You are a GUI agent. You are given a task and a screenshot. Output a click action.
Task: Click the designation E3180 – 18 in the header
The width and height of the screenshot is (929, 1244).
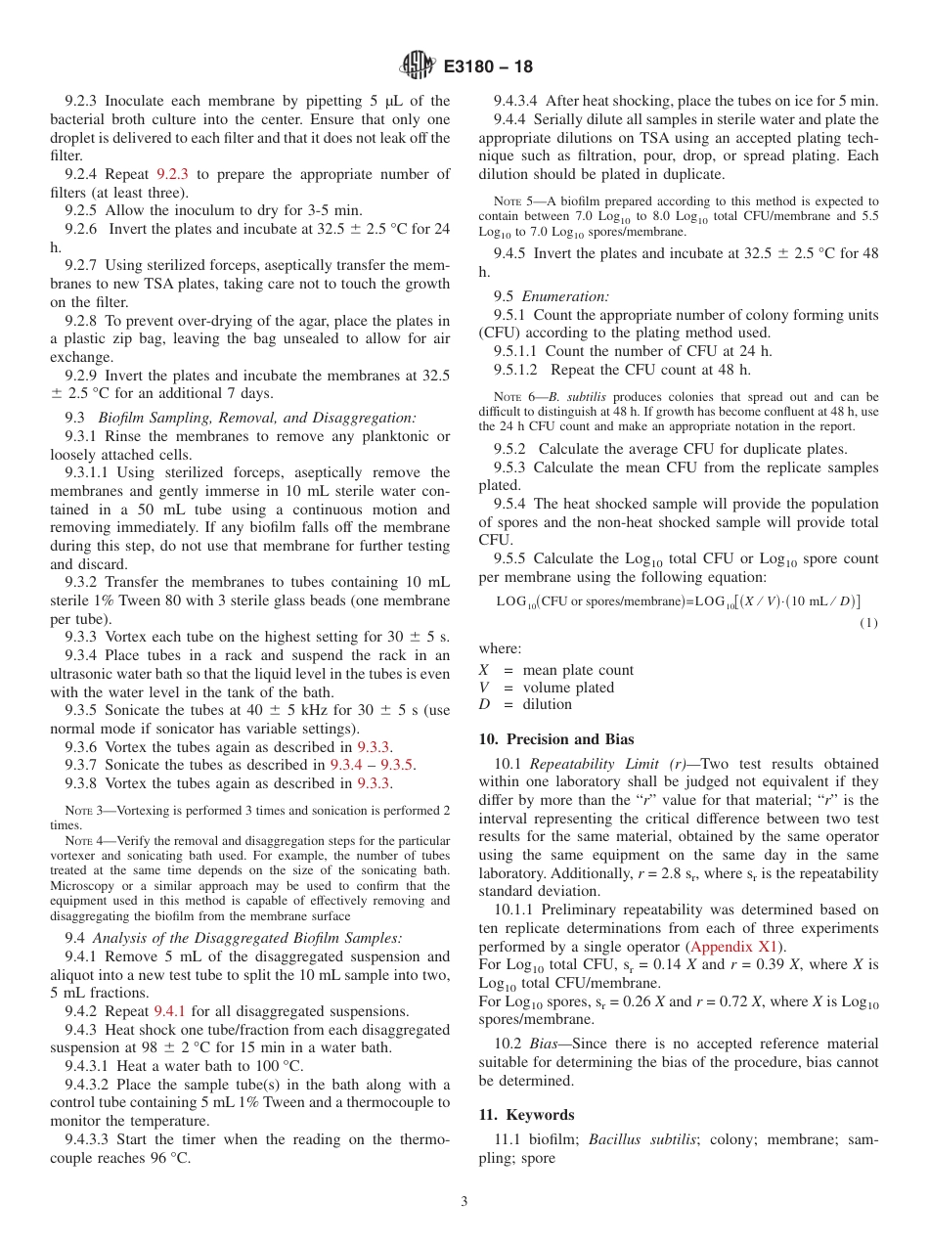click(x=488, y=67)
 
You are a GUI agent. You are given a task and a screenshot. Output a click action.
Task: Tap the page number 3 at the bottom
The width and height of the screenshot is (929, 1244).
click(x=464, y=1201)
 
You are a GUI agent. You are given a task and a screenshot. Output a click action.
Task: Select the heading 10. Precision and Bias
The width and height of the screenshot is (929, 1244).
click(x=555, y=739)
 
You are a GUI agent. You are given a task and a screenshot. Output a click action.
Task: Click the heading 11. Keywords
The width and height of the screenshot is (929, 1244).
click(x=526, y=1115)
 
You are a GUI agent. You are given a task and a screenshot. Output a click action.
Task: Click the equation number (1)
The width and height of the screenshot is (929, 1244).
click(x=868, y=623)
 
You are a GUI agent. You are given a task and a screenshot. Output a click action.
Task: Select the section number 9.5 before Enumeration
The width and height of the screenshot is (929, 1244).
click(x=504, y=296)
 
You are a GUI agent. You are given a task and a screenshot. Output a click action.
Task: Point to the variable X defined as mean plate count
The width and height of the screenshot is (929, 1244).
click(x=483, y=670)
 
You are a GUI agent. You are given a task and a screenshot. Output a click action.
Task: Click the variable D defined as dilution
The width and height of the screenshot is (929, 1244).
click(x=483, y=704)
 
